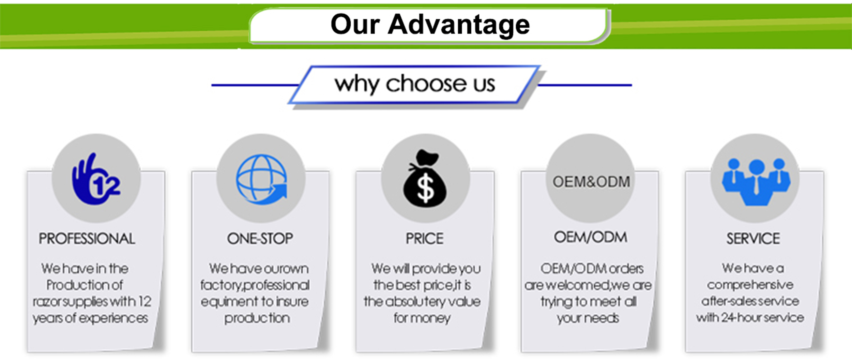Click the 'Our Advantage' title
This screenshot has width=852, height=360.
430,25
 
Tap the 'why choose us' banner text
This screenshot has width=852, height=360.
415,84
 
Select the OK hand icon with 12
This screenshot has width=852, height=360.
96,179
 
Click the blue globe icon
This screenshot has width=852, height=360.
261,179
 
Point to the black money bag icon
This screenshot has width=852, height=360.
425,178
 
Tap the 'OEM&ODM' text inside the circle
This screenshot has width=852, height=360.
591,182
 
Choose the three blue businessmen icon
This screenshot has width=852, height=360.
756,182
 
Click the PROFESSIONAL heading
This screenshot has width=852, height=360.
87,239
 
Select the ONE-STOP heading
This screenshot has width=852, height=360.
260,239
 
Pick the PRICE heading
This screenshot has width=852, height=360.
425,239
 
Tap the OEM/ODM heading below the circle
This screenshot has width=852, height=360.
591,238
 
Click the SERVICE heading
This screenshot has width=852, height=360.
753,239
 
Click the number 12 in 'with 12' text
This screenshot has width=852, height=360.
145,301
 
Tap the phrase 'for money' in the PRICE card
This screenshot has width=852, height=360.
422,318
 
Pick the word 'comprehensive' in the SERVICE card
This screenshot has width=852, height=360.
750,285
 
